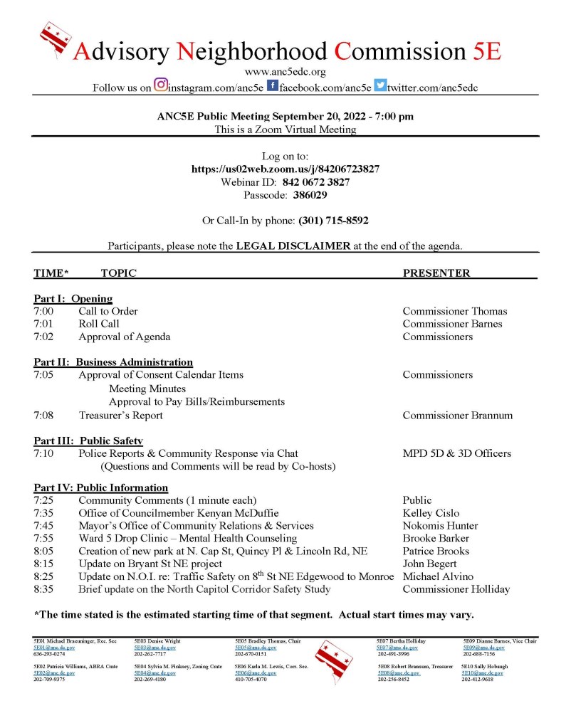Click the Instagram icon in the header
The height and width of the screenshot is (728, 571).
(160, 85)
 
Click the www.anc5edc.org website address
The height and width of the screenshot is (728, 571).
(285, 72)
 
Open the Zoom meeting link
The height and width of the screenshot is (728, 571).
(285, 169)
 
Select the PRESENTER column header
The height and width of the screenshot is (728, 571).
(436, 273)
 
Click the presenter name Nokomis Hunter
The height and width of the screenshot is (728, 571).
(441, 526)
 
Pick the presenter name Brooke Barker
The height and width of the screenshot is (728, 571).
(436, 539)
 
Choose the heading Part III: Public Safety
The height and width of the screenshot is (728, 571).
(88, 441)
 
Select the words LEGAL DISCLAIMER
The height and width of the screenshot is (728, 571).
(293, 246)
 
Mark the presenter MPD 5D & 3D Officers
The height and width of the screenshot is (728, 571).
(456, 453)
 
